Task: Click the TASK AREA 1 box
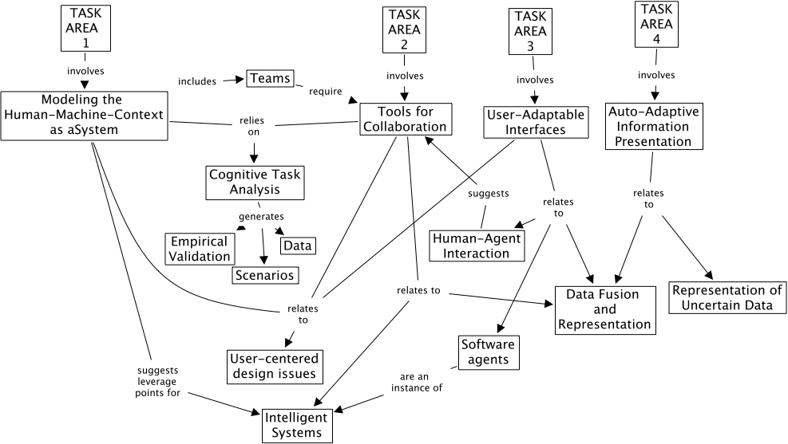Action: [85, 27]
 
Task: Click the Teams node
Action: [270, 79]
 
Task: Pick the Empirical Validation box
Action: [199, 249]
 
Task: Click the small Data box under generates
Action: [297, 245]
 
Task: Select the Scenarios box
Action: [264, 275]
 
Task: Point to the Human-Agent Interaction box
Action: [476, 246]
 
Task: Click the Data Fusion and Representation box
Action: [603, 309]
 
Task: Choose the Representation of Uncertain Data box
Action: [727, 297]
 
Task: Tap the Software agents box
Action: [488, 352]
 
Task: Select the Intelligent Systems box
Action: [295, 425]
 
